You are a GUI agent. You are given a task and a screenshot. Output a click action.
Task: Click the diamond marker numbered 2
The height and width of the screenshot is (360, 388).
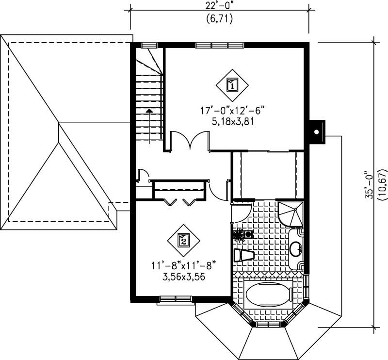(x=183, y=240)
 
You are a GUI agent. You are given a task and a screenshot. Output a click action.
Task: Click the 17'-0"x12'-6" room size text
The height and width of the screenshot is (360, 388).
(x=232, y=111)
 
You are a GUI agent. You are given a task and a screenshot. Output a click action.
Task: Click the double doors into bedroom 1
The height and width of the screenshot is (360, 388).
(x=190, y=142)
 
